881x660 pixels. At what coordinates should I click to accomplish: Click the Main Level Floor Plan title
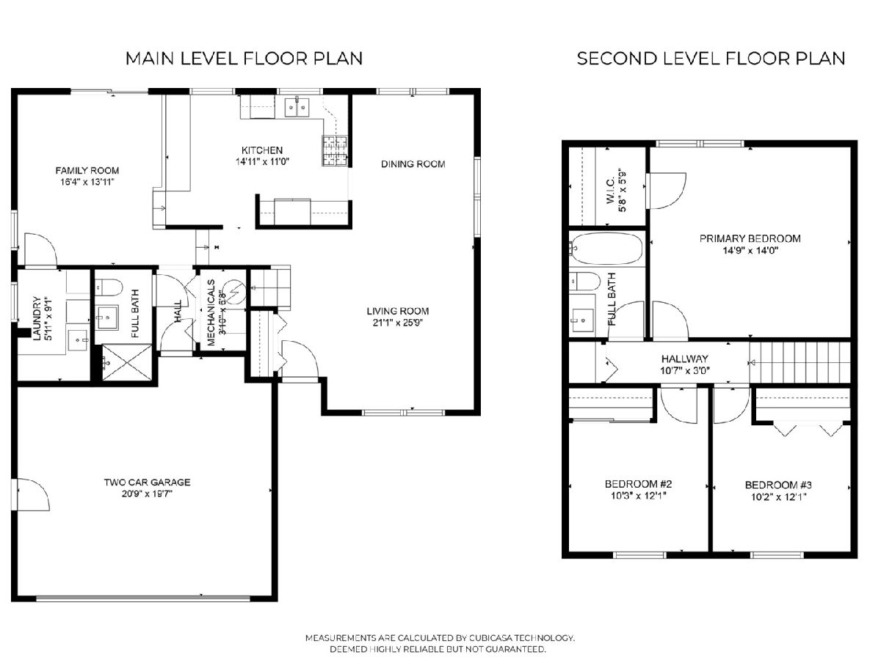244,59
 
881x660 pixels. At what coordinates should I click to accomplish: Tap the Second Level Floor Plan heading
711,59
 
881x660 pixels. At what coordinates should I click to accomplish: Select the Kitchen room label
262,150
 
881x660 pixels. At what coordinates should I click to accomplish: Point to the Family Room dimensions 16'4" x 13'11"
87,182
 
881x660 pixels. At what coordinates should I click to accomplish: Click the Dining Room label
413,164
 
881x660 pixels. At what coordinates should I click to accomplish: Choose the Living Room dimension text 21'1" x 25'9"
398,323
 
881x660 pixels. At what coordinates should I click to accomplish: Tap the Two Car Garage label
148,482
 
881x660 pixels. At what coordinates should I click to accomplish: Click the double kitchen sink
297,106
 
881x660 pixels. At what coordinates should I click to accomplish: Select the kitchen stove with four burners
335,150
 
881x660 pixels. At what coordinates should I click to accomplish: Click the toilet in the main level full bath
109,287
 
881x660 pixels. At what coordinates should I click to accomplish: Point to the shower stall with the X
127,362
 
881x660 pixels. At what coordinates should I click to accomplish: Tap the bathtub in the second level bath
606,249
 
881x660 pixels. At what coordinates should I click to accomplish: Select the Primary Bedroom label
750,239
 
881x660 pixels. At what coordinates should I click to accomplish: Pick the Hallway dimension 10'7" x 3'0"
685,370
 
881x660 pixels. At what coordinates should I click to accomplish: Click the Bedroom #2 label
639,484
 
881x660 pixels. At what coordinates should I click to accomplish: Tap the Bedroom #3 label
778,485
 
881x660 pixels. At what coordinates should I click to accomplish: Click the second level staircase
800,363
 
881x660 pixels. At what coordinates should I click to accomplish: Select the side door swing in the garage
33,494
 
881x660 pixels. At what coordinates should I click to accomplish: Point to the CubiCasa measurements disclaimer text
440,644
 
